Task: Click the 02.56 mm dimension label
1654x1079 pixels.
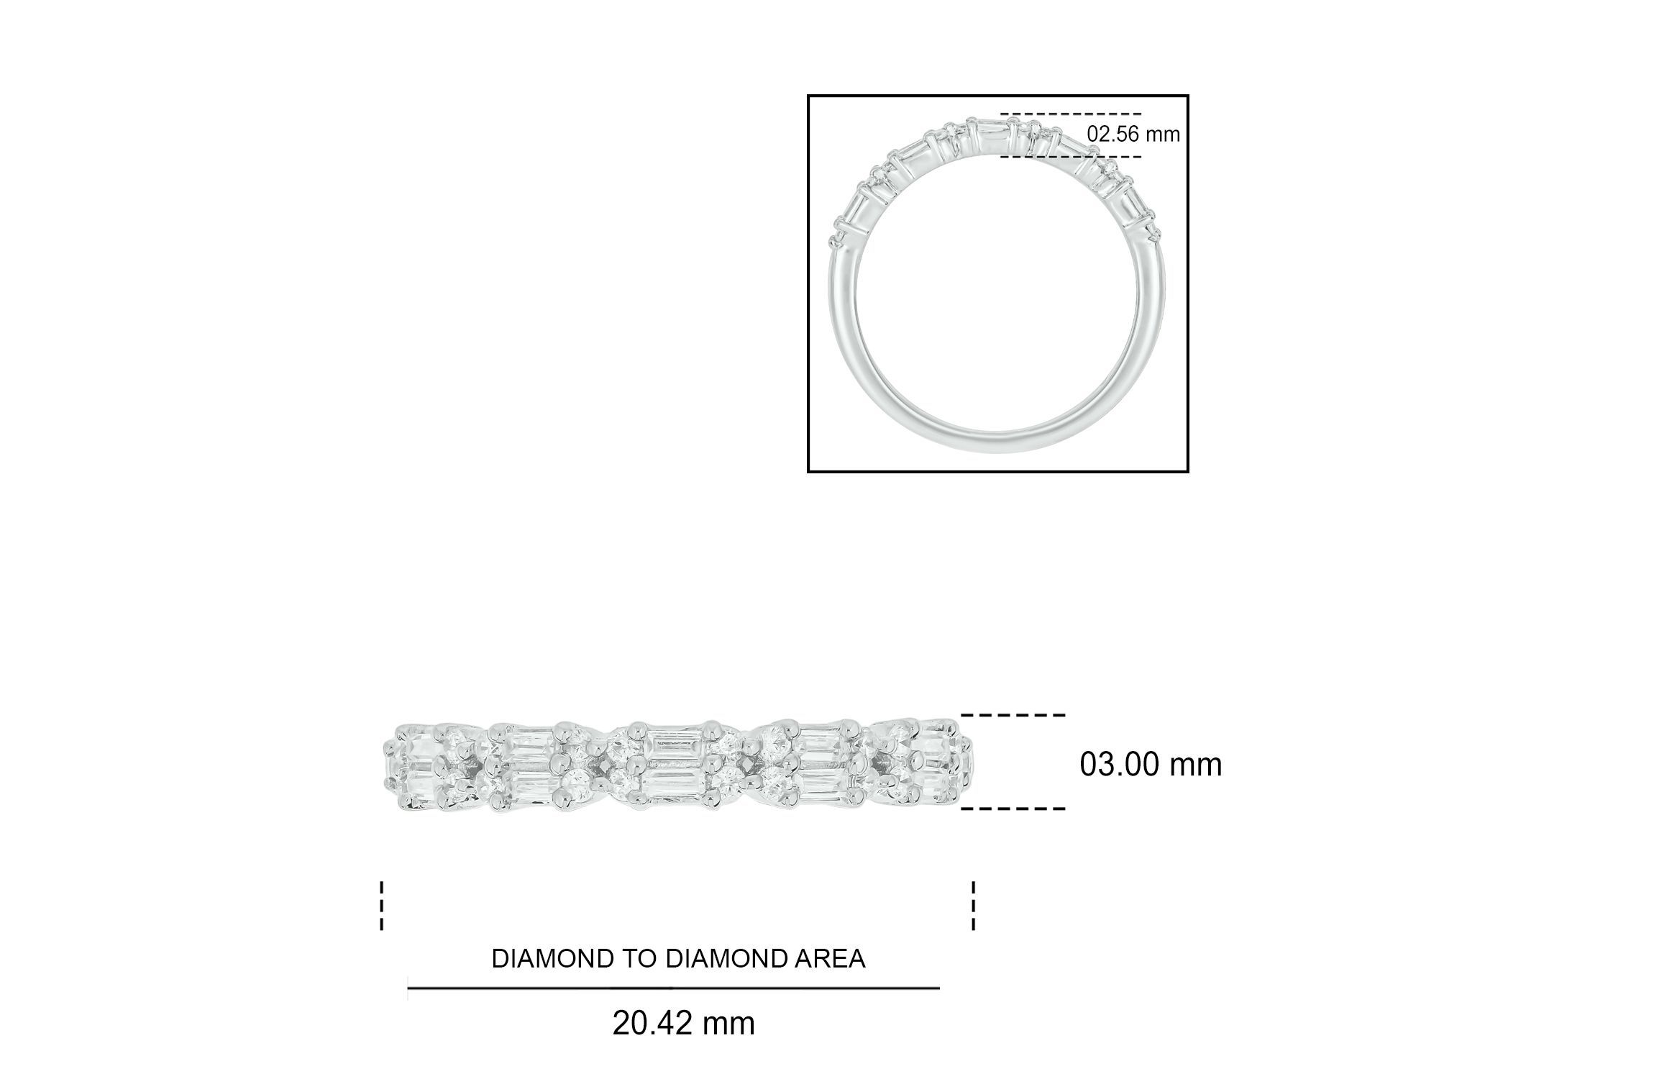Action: coord(1133,135)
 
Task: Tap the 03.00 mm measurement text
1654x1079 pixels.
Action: coord(1151,765)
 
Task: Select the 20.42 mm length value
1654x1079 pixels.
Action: coord(683,1024)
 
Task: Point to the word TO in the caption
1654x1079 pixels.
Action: coord(636,959)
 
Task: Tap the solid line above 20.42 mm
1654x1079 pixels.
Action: coord(673,988)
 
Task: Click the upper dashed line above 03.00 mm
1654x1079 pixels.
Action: coord(1013,715)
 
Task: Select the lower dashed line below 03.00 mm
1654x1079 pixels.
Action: coord(1013,809)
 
